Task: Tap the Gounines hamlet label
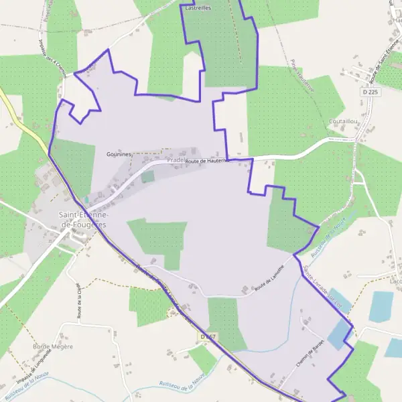point(119,153)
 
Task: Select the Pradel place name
point(176,161)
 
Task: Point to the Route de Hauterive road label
point(208,161)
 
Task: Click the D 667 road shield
point(207,336)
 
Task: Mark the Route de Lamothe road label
point(269,277)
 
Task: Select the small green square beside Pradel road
point(147,177)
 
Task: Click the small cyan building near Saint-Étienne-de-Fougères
point(86,200)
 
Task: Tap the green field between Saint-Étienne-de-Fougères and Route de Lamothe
point(159,239)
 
